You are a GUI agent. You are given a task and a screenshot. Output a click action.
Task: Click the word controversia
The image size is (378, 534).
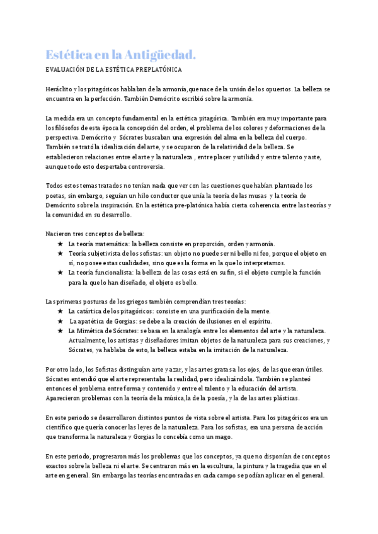point(146,167)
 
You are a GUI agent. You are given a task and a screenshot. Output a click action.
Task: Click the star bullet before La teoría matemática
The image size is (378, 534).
point(60,244)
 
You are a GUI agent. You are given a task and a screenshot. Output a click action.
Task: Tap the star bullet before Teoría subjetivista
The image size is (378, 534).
point(60,253)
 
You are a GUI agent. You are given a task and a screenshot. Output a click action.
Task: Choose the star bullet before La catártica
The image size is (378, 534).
point(60,311)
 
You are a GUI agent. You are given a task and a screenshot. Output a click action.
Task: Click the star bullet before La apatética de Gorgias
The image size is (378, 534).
point(60,321)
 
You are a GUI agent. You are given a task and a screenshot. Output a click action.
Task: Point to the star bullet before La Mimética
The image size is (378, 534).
point(60,331)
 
